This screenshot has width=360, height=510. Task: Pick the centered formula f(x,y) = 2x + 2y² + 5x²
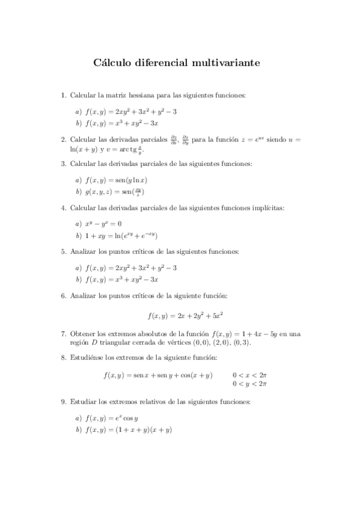point(186,315)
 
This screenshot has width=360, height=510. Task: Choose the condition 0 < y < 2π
point(249,383)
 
